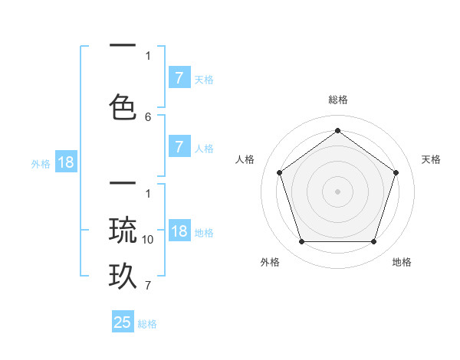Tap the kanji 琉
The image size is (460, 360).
click(123, 231)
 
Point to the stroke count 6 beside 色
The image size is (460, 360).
click(148, 116)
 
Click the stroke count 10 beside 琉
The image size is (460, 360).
click(148, 240)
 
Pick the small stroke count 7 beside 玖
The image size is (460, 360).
click(148, 286)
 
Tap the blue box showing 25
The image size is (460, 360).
click(123, 322)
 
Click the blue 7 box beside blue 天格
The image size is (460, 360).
click(179, 78)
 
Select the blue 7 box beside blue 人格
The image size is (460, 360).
click(179, 147)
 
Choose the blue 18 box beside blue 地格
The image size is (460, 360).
click(179, 232)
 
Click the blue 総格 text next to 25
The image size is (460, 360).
click(147, 324)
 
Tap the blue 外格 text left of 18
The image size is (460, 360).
click(41, 163)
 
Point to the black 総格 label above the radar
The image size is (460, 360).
click(337, 100)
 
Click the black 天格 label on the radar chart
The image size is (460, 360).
click(431, 159)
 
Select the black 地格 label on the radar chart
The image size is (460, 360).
click(402, 262)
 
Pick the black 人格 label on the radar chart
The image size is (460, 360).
click(245, 159)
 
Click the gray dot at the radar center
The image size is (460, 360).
click(337, 191)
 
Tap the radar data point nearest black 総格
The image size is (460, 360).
click(337, 130)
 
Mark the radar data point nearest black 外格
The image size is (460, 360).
click(301, 242)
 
